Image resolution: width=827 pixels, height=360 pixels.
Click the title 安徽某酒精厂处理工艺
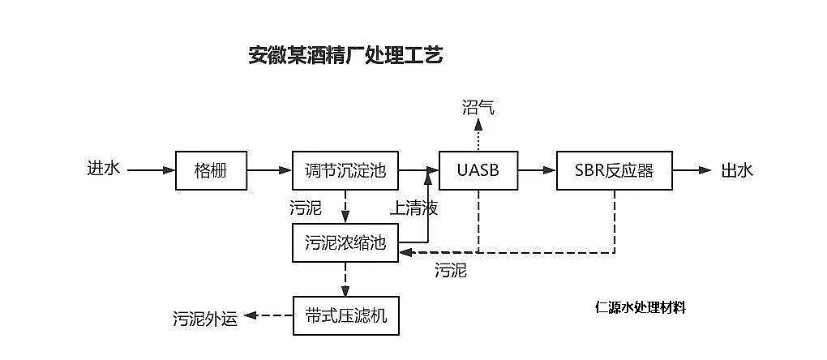[345, 56]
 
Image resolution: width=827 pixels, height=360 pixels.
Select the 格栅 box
[211, 170]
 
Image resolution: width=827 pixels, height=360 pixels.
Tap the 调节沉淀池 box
[345, 170]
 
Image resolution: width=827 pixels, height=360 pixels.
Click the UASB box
[478, 170]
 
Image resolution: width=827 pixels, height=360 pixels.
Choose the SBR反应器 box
[614, 170]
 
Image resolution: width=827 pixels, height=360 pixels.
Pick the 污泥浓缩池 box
[345, 242]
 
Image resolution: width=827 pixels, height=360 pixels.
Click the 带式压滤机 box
[345, 315]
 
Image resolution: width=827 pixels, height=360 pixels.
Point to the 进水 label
[104, 169]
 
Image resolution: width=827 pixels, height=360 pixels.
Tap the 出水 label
[737, 170]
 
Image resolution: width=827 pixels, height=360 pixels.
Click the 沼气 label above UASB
[478, 107]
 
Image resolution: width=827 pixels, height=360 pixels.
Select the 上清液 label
[413, 208]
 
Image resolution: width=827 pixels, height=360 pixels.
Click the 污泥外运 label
[205, 318]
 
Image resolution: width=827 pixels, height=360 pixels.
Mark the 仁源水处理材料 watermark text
[640, 307]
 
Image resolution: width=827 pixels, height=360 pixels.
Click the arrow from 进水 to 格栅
[151, 170]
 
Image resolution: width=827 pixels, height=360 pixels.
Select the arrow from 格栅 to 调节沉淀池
[269, 170]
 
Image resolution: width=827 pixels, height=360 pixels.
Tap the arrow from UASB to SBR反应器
[538, 170]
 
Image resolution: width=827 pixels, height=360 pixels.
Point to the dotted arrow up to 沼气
[478, 135]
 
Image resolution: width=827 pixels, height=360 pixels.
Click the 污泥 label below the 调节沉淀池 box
[305, 208]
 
